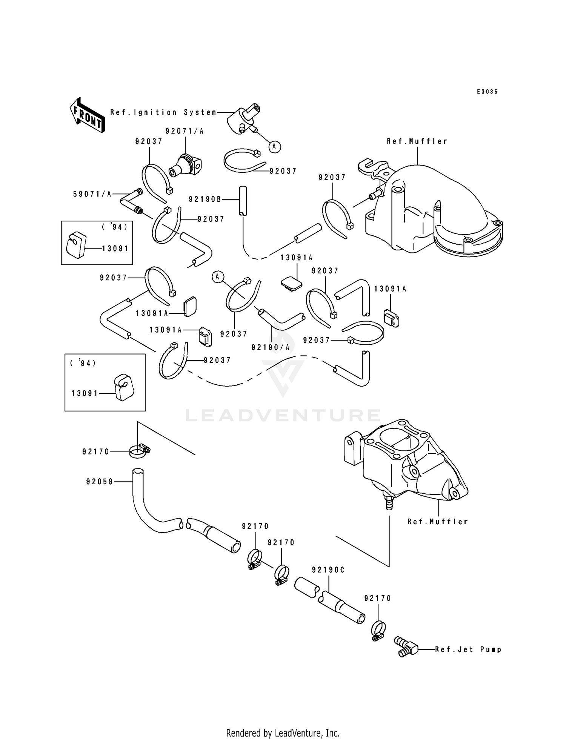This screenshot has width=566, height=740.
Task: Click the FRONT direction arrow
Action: (87, 115)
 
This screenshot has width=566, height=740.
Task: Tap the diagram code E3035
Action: (487, 92)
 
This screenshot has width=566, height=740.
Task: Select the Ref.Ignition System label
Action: (163, 112)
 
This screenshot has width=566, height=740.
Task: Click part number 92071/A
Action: (185, 131)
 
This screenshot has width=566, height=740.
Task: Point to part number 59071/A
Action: (92, 194)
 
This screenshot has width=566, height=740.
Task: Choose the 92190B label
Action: (205, 200)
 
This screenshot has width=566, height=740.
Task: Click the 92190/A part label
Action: (271, 347)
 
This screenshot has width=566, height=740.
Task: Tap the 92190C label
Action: (328, 570)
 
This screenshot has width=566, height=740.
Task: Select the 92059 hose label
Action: (100, 482)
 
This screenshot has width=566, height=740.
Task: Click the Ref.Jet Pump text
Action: (468, 649)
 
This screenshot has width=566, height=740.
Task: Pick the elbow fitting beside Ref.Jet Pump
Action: (406, 646)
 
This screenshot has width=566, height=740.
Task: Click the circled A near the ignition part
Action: (275, 147)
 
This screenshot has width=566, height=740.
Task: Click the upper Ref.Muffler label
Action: (417, 141)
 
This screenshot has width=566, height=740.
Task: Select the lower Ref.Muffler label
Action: (438, 522)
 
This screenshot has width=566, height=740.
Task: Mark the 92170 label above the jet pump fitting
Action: (378, 598)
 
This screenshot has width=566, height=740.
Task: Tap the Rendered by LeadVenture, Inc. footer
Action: (283, 733)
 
